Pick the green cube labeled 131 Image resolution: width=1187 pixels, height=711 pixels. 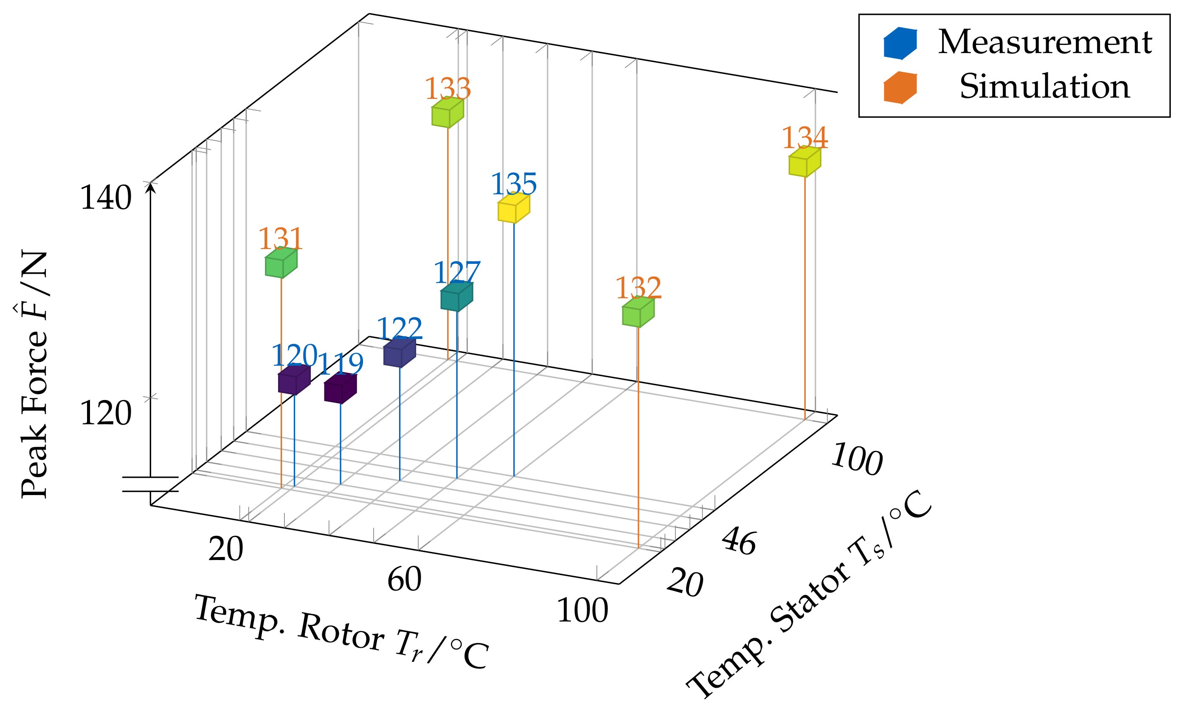281,263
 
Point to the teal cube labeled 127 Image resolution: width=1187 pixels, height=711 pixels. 456,296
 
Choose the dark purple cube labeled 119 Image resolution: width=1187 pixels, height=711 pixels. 340,389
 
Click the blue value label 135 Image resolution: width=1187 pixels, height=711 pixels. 513,184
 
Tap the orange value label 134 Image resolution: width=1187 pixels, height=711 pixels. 804,138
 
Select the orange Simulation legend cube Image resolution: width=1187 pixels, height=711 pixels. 900,88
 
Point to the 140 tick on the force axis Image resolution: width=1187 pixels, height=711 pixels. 105,198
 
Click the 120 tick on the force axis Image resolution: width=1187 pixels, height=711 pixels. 105,413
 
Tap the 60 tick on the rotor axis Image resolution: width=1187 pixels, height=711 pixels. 404,579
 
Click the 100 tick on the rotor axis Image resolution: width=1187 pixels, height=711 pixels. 582,611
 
